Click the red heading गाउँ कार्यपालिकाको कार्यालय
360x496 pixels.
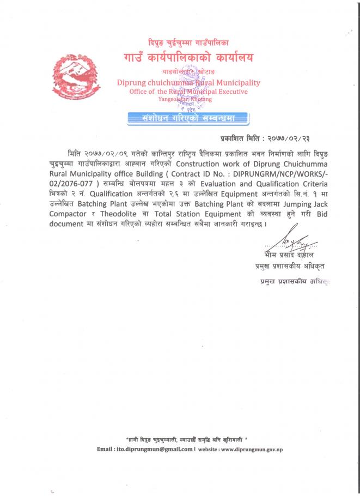(188, 57)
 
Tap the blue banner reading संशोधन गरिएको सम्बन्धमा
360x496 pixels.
(187, 117)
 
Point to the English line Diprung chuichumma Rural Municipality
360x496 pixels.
(188, 83)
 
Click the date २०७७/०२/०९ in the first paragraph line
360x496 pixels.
(107, 151)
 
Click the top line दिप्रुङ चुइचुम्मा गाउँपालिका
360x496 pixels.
(188, 42)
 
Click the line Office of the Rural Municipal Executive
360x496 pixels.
(188, 92)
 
